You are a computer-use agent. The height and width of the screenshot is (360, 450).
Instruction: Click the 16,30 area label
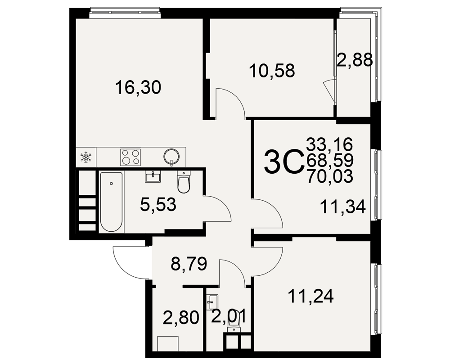pos(138,88)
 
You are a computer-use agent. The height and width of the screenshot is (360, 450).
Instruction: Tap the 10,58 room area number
pos(272,71)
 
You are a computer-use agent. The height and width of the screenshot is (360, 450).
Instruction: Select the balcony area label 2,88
pos(355,60)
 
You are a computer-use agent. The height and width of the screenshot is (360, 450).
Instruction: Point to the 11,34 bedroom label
pos(343,207)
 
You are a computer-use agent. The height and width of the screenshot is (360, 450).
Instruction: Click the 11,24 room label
pos(311,296)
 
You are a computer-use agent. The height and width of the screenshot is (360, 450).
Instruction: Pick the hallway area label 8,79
pos(189,264)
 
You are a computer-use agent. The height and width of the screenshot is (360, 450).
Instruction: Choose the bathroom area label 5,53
pos(158,205)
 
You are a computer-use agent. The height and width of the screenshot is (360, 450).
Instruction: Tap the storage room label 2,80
pos(181,318)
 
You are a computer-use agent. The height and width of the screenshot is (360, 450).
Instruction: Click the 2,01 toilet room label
pos(229,317)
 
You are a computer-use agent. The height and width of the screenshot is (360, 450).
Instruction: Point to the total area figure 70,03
pos(330,176)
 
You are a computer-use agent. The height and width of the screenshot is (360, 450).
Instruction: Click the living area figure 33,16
pos(329,144)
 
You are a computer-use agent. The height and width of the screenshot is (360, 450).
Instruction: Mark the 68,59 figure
pos(330,160)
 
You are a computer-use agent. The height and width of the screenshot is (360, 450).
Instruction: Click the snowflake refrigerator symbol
pos(86,157)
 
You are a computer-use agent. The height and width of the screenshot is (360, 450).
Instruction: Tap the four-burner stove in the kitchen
pos(130,157)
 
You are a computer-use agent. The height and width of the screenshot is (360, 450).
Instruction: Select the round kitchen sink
pos(171,157)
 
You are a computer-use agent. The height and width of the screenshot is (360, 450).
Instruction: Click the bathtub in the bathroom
pos(111,202)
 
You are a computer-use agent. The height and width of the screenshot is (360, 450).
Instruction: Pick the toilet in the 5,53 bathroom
pos(184,181)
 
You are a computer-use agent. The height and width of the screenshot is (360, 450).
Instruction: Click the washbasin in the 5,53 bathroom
pos(153,176)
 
